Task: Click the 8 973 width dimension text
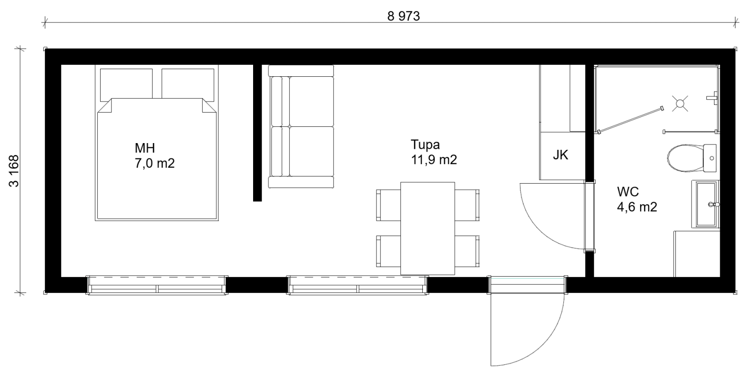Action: point(403,16)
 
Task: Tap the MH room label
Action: point(145,148)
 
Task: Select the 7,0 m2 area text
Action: point(154,164)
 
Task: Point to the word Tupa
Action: point(425,145)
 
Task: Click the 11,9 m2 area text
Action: point(434,160)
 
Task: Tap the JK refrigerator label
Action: point(561,155)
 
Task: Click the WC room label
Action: point(628,192)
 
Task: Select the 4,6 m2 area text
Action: point(637,207)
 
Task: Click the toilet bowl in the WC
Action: point(685,158)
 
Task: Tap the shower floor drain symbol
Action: point(680,103)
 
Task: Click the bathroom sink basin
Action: point(706,204)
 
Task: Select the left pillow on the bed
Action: point(126,84)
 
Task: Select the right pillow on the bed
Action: point(188,84)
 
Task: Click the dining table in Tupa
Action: point(428,228)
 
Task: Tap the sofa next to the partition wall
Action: point(301,126)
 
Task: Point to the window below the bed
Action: point(157,285)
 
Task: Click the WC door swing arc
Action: point(539,229)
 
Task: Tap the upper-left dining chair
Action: point(388,205)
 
